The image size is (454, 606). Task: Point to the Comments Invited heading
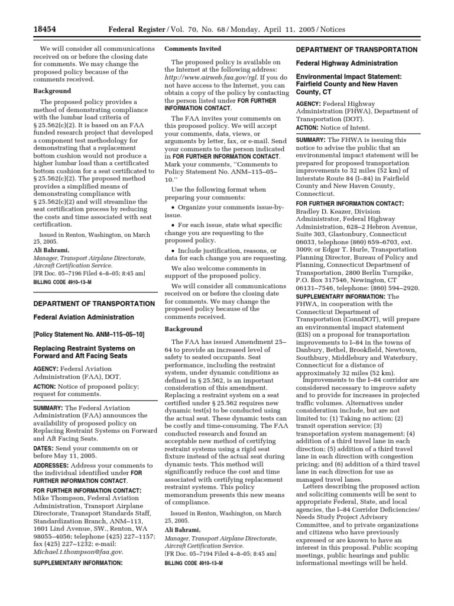click(x=192, y=49)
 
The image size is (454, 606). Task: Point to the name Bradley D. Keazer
click(x=322, y=211)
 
